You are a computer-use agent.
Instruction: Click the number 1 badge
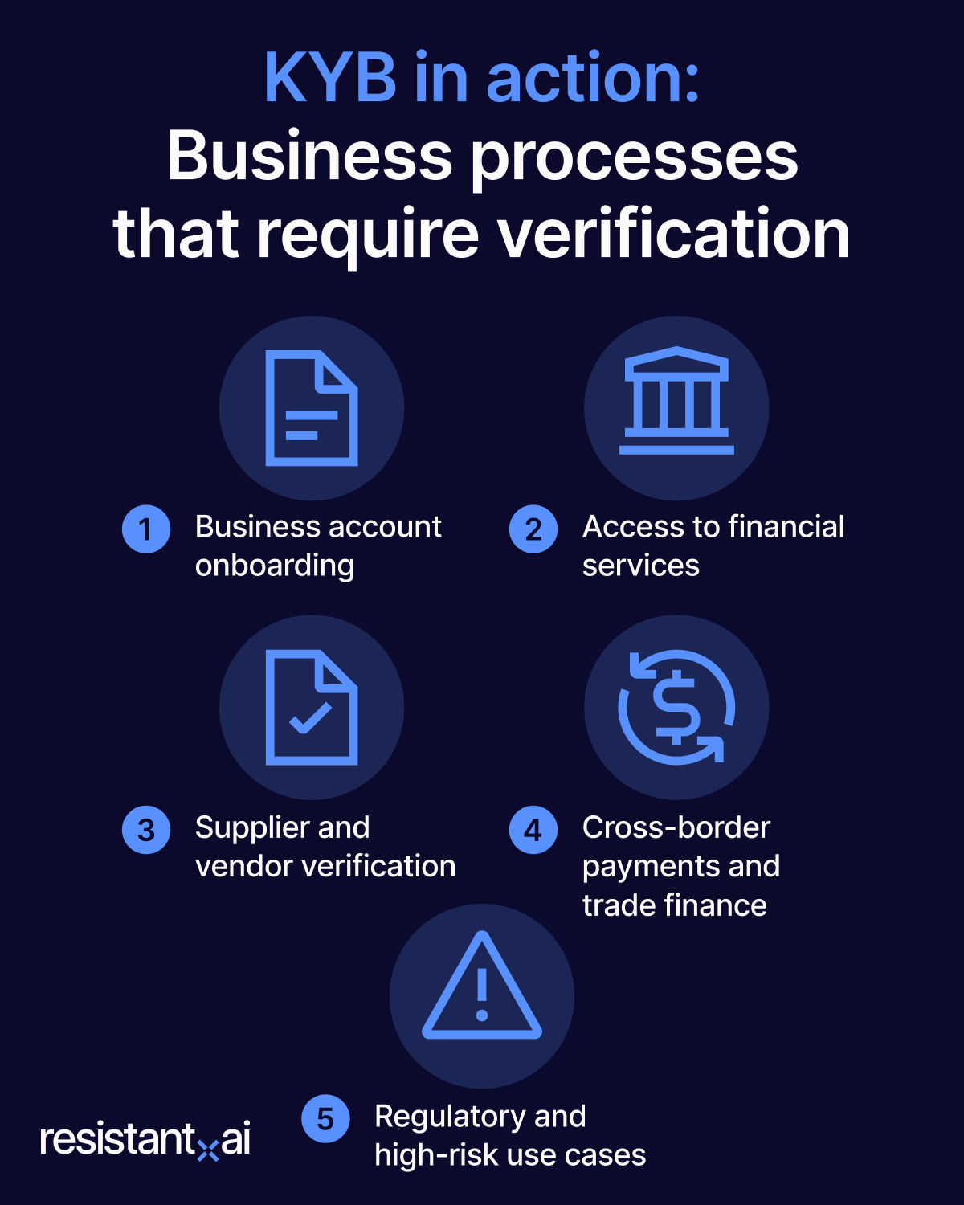pyautogui.click(x=146, y=529)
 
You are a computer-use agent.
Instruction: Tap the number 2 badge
pyautogui.click(x=533, y=529)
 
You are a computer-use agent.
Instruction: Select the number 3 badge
pyautogui.click(x=146, y=830)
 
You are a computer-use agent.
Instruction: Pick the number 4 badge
pyautogui.click(x=533, y=830)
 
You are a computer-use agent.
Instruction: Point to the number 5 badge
pyautogui.click(x=325, y=1119)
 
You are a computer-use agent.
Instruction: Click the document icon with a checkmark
pyautogui.click(x=312, y=707)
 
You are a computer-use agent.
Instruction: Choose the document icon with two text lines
pyautogui.click(x=312, y=408)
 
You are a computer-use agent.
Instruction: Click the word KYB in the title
pyautogui.click(x=330, y=78)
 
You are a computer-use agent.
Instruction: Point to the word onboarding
pyautogui.click(x=275, y=566)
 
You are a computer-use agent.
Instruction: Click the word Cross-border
pyautogui.click(x=676, y=827)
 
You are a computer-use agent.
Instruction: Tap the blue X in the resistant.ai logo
pyautogui.click(x=208, y=1150)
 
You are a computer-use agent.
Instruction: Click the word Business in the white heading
pyautogui.click(x=310, y=157)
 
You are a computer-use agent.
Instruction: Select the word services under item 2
pyautogui.click(x=641, y=566)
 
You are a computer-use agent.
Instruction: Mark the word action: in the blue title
pyautogui.click(x=593, y=78)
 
